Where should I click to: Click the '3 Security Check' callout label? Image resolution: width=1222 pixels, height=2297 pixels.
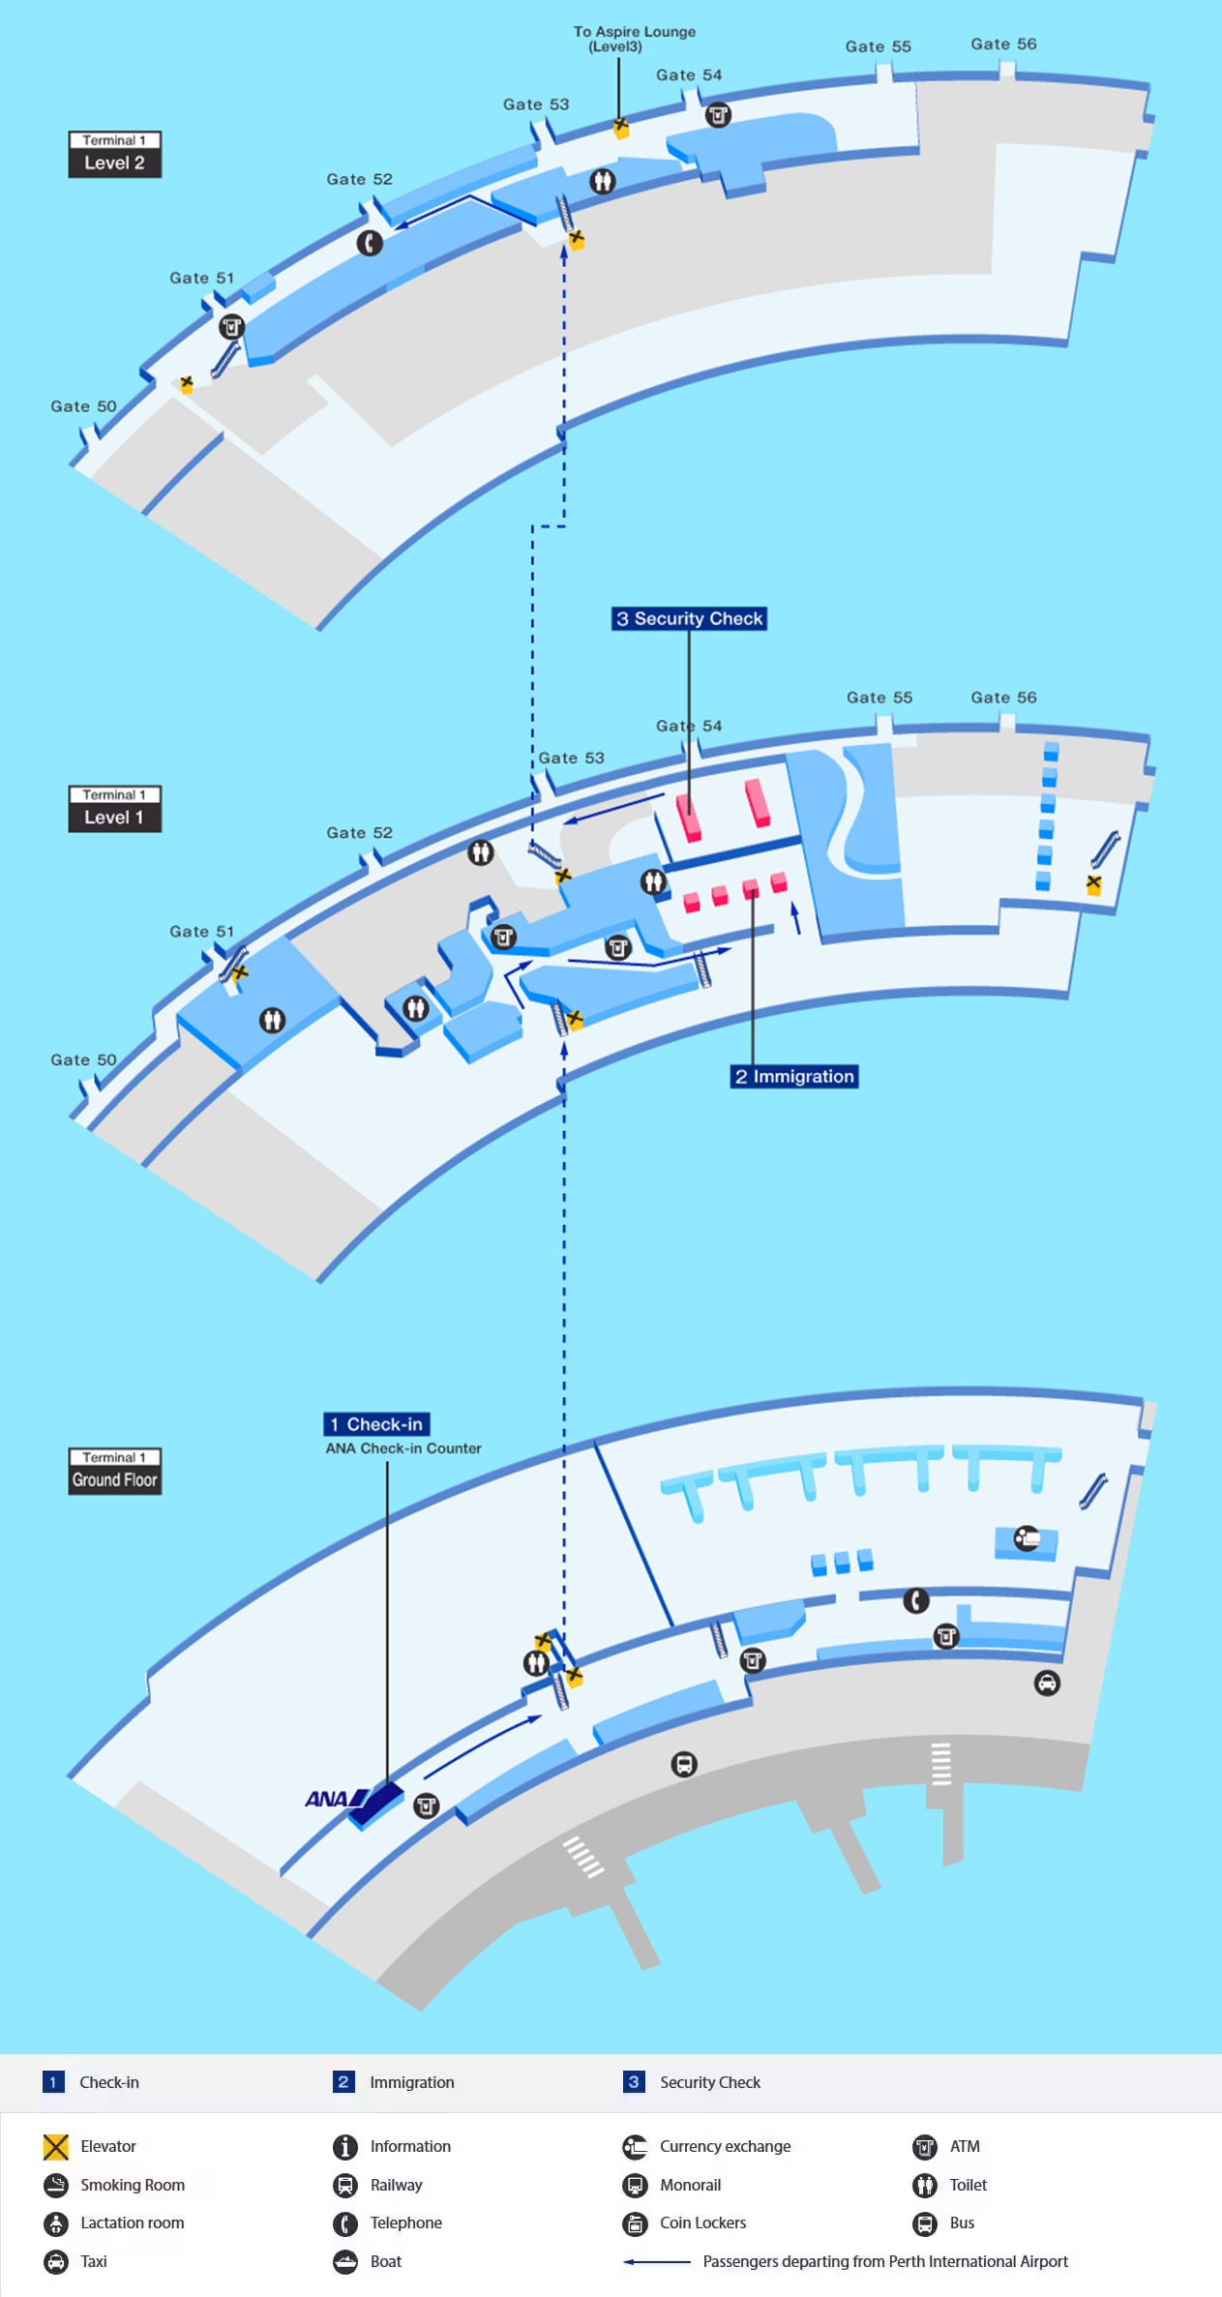click(x=689, y=618)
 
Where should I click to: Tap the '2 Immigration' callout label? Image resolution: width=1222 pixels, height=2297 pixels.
click(x=794, y=1076)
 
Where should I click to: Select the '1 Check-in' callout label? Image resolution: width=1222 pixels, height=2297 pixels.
click(x=376, y=1423)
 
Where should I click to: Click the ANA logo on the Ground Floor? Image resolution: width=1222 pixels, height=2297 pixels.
click(x=336, y=1799)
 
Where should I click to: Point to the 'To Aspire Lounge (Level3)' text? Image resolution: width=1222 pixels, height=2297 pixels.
click(x=635, y=39)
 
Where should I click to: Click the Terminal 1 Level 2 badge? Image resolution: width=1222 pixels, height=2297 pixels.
click(x=114, y=155)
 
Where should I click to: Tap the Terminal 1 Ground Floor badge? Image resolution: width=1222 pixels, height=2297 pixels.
click(x=114, y=1471)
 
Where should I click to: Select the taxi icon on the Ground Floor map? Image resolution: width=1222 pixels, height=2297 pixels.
click(x=1047, y=1683)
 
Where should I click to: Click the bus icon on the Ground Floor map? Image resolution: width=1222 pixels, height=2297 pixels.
click(x=684, y=1764)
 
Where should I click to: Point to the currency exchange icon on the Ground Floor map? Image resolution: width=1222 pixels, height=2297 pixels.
click(x=1026, y=1537)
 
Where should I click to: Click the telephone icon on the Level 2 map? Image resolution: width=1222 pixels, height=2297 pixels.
click(x=370, y=243)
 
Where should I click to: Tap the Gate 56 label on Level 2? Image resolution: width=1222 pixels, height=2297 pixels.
click(x=1003, y=44)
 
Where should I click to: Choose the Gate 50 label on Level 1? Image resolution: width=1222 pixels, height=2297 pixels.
click(x=83, y=1059)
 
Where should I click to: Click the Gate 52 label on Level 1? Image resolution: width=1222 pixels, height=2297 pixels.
click(x=359, y=832)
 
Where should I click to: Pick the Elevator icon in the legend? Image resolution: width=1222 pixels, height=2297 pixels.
click(x=56, y=2147)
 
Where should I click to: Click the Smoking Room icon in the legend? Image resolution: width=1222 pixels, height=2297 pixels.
click(x=56, y=2185)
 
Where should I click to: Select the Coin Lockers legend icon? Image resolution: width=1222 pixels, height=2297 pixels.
click(x=635, y=2223)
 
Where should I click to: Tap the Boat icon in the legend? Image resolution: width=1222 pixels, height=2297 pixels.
click(x=345, y=2262)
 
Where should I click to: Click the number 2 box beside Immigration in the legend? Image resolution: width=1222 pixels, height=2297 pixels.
click(x=343, y=2081)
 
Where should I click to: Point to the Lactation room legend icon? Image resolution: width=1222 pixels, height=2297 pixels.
click(x=56, y=2223)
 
